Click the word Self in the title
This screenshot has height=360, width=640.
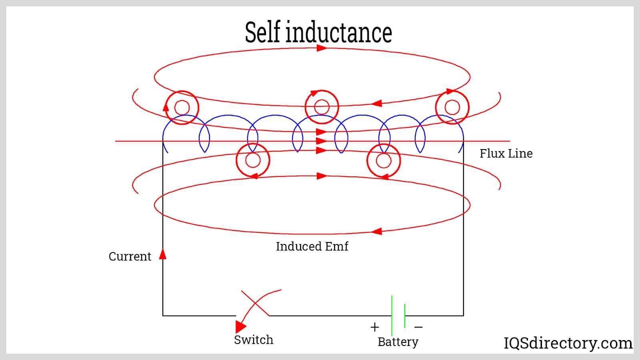262,32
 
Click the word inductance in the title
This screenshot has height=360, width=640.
339,32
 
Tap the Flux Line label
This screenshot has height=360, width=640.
506,154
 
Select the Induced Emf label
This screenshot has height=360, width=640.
312,246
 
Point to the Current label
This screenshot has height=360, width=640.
130,256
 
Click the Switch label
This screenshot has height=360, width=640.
254,340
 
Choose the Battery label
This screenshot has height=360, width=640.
398,342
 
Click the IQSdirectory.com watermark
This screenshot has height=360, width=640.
568,343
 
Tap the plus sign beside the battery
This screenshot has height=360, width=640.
374,327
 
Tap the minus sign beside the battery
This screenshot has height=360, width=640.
418,327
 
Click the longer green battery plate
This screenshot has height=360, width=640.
392,315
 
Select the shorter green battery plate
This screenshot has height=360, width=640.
405,316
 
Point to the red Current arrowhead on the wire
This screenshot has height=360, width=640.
162,254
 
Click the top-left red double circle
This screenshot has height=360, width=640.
182,108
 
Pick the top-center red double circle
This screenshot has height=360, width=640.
322,107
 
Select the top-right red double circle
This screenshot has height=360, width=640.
452,107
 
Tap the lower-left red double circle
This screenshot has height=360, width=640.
253,160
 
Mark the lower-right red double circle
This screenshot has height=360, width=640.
384,161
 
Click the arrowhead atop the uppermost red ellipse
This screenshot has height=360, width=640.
322,48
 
